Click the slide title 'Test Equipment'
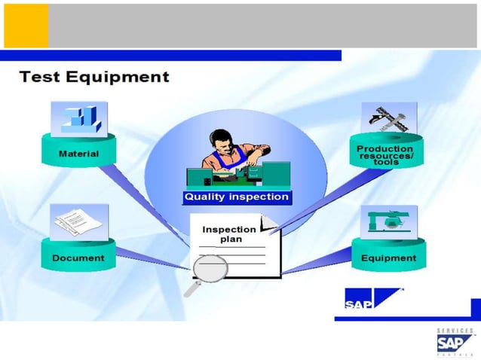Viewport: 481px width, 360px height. point(94,77)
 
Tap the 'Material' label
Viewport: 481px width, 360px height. point(78,154)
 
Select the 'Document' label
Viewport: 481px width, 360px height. point(78,258)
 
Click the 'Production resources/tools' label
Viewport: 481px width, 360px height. point(385,154)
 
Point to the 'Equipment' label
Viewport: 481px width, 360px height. point(388,258)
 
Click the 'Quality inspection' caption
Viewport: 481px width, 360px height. point(237,197)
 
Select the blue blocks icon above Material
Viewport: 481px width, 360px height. point(79,119)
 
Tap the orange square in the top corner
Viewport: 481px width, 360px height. point(26,26)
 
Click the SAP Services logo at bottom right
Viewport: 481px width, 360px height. point(455,343)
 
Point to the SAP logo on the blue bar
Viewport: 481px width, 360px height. point(358,304)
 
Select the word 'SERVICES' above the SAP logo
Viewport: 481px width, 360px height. point(455,331)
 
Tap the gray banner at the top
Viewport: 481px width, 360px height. point(264,26)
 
